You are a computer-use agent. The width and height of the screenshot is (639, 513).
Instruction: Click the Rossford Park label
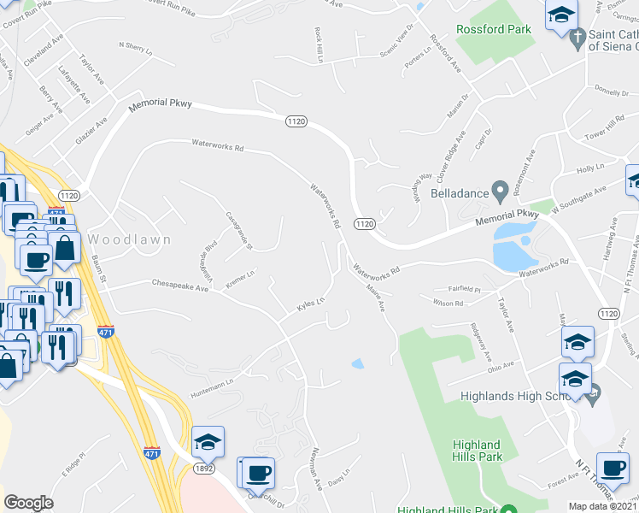493,29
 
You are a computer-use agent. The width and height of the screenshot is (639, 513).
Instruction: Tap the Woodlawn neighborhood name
130,240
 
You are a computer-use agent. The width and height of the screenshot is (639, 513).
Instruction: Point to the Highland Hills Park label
477,451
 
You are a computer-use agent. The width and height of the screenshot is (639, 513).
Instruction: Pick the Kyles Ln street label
310,304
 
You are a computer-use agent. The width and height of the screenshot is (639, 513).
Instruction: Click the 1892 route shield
204,469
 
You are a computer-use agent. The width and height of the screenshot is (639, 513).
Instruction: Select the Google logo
28,503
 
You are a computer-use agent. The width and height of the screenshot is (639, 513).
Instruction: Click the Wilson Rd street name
448,303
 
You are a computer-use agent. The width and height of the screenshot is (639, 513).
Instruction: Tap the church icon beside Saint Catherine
577,39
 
